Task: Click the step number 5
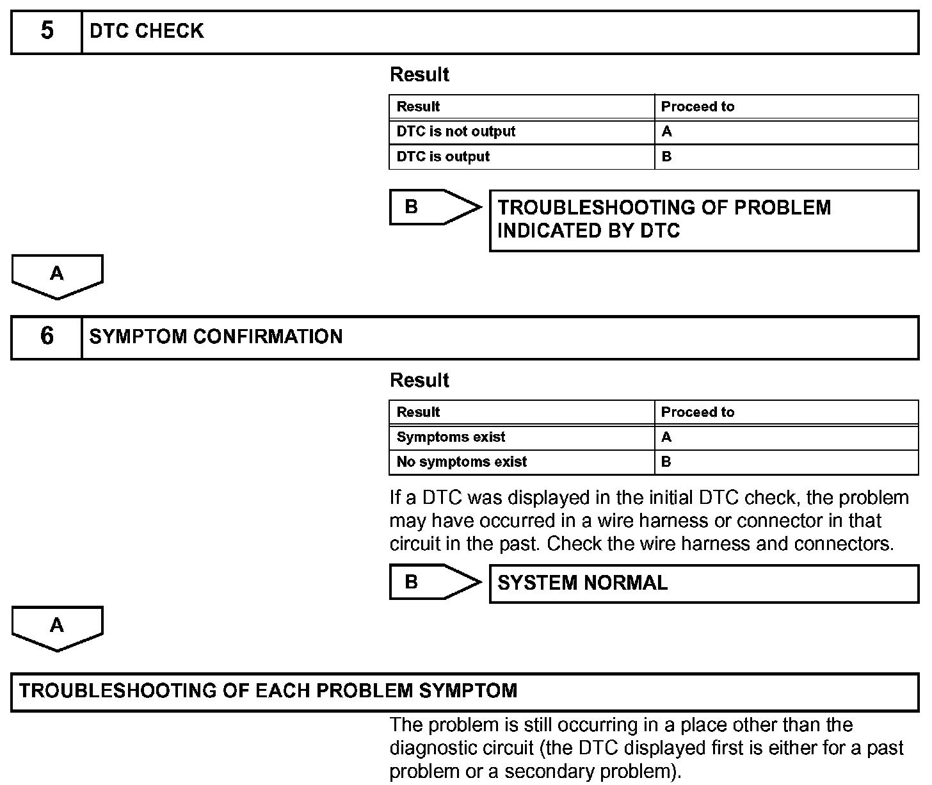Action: (47, 31)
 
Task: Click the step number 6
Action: (47, 337)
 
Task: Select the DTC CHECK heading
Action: (147, 31)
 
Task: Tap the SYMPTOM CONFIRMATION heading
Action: (216, 337)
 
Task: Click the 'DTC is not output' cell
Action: (456, 132)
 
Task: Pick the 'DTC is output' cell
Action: (443, 157)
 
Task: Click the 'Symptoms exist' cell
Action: (451, 437)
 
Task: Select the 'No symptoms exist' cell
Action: (462, 462)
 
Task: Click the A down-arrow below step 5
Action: (57, 275)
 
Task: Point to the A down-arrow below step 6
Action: (57, 627)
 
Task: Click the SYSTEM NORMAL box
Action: (703, 583)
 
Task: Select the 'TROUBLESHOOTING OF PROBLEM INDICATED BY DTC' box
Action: (703, 220)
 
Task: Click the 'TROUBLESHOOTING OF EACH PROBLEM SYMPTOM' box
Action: (465, 692)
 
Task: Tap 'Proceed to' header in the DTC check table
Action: (698, 107)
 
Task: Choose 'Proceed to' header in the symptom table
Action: (698, 412)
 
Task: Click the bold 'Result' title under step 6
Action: (419, 380)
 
